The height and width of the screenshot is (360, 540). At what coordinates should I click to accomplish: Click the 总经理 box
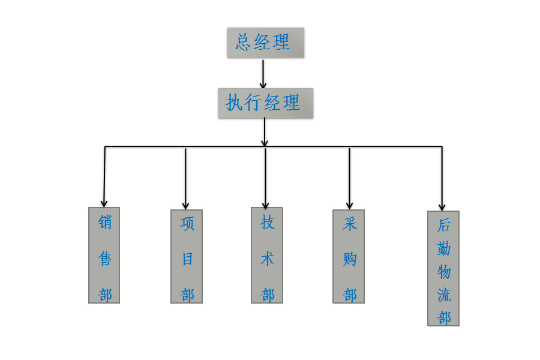click(265, 43)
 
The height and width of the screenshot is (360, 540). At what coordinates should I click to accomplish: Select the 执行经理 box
click(265, 103)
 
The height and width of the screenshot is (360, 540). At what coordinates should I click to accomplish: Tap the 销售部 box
click(104, 255)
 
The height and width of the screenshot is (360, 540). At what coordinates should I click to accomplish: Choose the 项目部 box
click(187, 256)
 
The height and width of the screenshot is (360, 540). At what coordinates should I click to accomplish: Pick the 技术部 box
click(267, 255)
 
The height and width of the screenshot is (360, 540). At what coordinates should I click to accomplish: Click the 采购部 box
click(349, 256)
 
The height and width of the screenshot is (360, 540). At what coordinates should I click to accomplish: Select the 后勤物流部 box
click(443, 268)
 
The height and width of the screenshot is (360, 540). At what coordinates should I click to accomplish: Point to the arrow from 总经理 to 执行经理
click(263, 73)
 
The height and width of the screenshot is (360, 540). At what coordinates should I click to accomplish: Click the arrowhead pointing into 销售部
click(104, 203)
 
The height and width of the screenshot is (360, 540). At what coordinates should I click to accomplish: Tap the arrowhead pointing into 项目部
click(185, 205)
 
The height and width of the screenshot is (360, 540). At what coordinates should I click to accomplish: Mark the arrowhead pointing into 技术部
click(265, 205)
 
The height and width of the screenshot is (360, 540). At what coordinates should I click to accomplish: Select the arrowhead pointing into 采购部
click(349, 205)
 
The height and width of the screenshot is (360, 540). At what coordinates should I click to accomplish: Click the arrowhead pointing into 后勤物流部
click(442, 206)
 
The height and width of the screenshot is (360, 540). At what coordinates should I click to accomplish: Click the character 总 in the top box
click(243, 42)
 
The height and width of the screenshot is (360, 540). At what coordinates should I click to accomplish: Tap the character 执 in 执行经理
click(233, 103)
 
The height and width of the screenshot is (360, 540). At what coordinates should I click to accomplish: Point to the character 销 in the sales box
click(105, 223)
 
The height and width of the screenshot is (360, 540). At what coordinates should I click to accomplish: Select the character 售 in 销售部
click(105, 259)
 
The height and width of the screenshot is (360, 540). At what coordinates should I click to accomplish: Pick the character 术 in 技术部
click(268, 259)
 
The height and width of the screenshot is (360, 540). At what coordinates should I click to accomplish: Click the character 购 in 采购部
click(349, 259)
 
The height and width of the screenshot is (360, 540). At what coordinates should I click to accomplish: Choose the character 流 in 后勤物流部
click(444, 295)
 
